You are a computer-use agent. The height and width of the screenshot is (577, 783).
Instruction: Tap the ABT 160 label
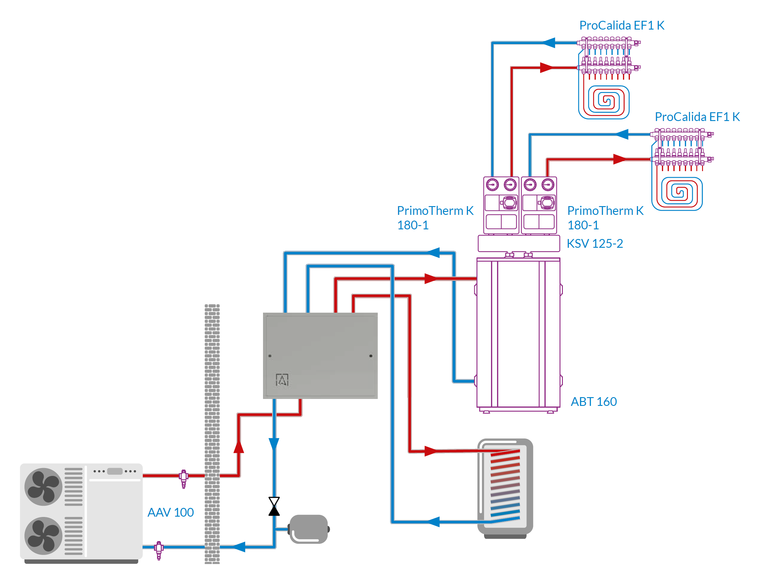click(593, 402)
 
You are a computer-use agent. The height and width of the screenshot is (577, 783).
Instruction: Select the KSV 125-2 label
click(594, 244)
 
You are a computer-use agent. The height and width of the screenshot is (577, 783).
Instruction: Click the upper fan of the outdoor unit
click(43, 486)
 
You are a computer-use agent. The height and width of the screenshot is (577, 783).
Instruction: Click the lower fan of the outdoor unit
click(43, 535)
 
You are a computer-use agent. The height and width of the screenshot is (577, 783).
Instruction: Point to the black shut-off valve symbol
click(274, 506)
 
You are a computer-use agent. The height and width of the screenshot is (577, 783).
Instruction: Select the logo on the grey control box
click(282, 380)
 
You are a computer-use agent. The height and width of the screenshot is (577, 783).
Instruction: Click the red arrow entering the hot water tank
click(431, 451)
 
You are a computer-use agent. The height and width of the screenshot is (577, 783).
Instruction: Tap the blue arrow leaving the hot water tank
click(433, 522)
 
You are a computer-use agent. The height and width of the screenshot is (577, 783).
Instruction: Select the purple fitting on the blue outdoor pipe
click(159, 550)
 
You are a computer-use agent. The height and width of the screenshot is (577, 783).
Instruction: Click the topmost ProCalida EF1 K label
click(621, 25)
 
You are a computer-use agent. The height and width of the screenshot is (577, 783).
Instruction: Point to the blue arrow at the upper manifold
click(549, 43)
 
